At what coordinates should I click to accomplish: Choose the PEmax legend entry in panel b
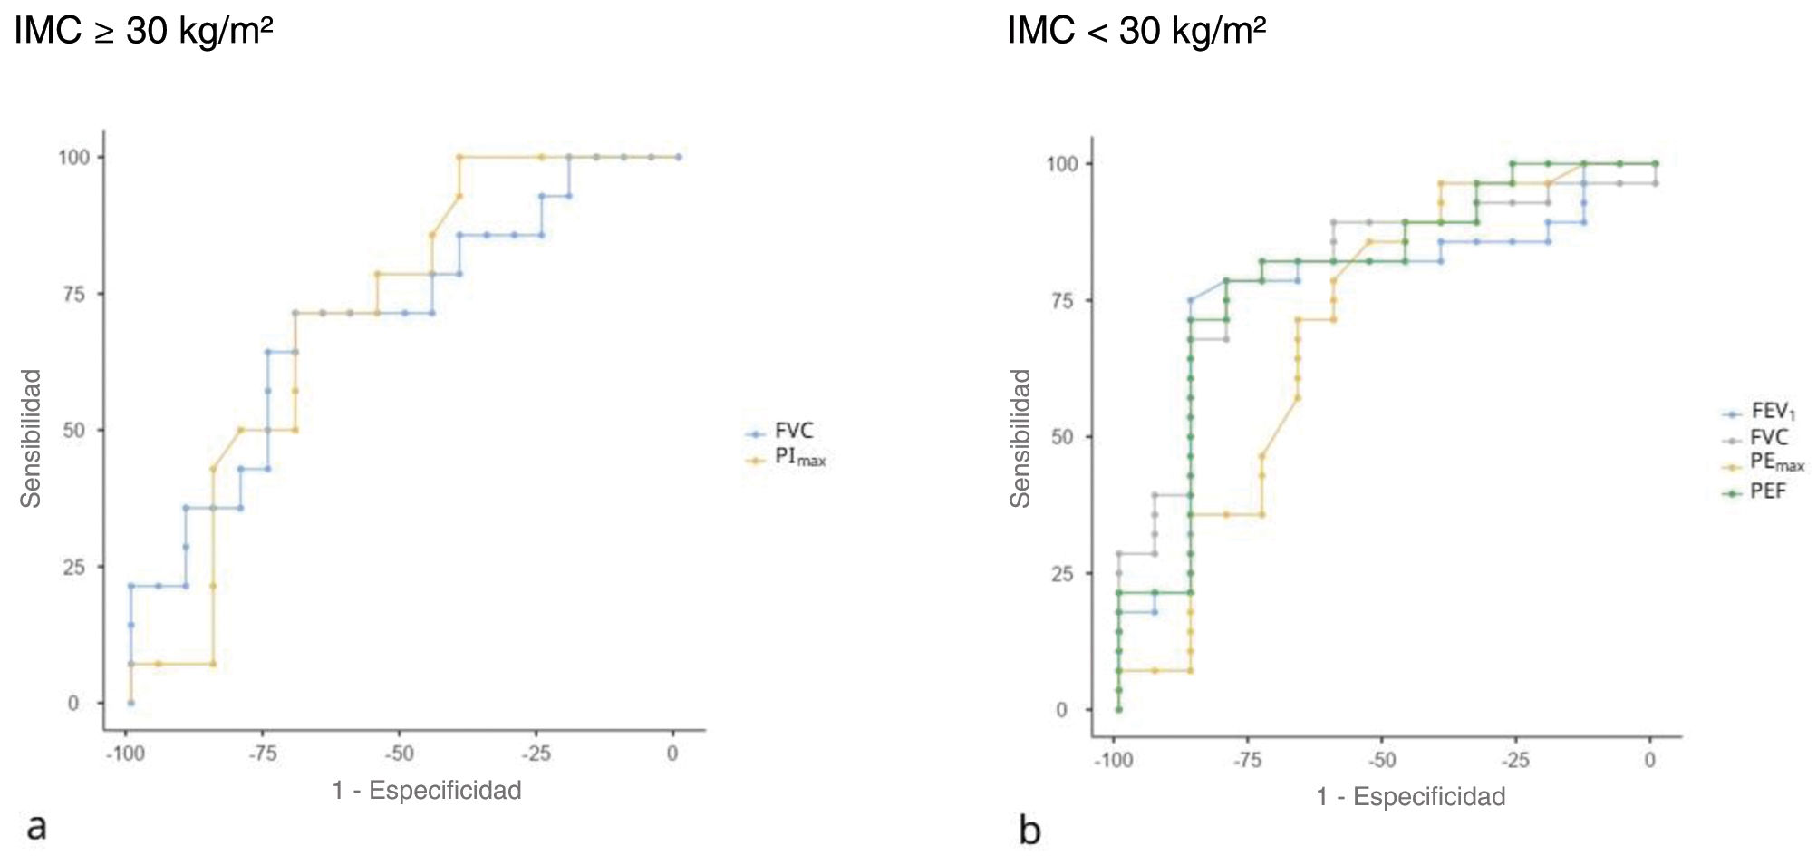pyautogui.click(x=1775, y=462)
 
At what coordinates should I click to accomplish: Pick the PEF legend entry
pyautogui.click(x=1767, y=491)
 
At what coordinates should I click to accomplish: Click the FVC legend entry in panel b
pyautogui.click(x=1768, y=438)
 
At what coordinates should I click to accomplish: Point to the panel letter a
pyautogui.click(x=36, y=826)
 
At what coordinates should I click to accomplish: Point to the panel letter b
pyautogui.click(x=1029, y=830)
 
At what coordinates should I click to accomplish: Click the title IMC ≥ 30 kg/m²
pyautogui.click(x=143, y=31)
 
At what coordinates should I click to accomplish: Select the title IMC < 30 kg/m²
pyautogui.click(x=1136, y=31)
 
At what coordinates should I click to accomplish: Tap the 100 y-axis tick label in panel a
pyautogui.click(x=74, y=158)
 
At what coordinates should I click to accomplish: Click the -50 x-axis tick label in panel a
pyautogui.click(x=398, y=754)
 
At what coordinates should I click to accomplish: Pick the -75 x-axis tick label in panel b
pyautogui.click(x=1247, y=760)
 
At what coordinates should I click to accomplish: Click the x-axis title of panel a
pyautogui.click(x=427, y=791)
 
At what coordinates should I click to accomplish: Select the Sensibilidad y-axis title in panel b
pyautogui.click(x=1020, y=438)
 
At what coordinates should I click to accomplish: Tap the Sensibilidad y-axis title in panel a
pyautogui.click(x=31, y=438)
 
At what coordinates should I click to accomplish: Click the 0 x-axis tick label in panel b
pyautogui.click(x=1649, y=760)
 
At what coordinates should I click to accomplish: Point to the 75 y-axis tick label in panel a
pyautogui.click(x=74, y=295)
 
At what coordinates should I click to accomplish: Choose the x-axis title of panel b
pyautogui.click(x=1411, y=797)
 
